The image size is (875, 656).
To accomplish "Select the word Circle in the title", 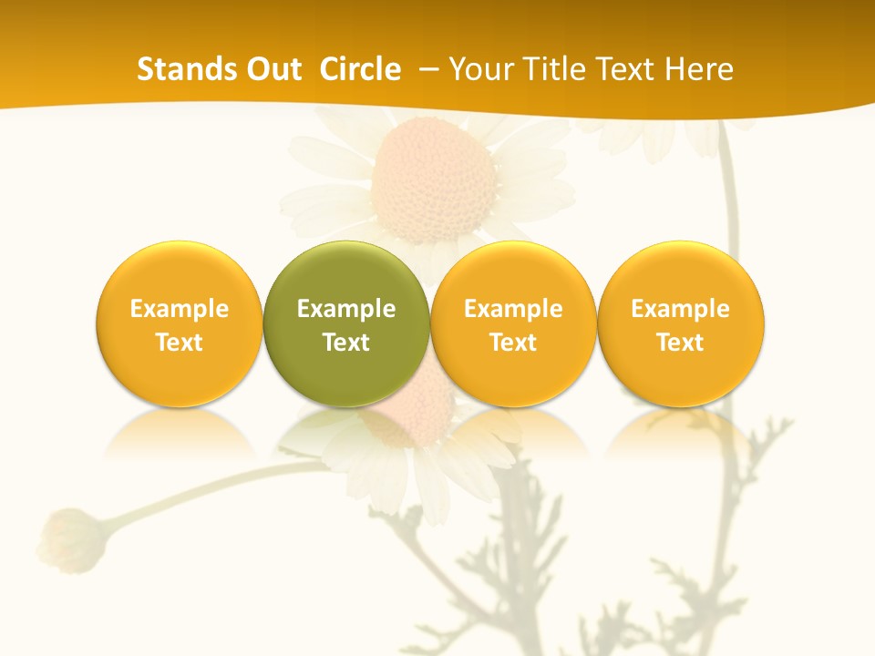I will point(360,69).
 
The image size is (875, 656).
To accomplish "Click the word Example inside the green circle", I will point(346,309).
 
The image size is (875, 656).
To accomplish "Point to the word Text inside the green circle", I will point(346,343).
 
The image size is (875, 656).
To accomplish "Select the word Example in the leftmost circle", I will point(179,309).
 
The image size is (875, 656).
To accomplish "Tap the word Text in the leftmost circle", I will point(179,343).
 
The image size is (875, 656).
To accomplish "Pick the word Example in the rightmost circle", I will point(681,309).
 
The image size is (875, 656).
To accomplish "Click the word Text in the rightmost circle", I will point(681,343).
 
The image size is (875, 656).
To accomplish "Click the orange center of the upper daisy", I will point(434,178).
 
